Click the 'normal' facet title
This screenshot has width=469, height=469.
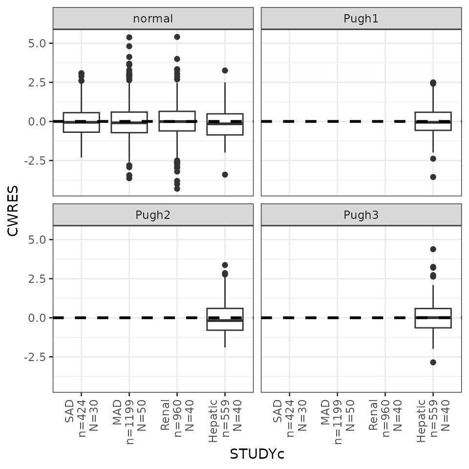[153, 19]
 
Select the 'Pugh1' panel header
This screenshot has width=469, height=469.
[361, 19]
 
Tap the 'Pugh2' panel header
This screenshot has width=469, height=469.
[153, 215]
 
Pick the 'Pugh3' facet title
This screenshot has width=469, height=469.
[361, 215]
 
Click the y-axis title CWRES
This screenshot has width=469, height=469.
[14, 210]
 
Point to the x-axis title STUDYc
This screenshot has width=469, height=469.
[257, 454]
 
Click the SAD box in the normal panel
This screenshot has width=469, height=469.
[81, 122]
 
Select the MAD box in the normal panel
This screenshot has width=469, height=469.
[129, 122]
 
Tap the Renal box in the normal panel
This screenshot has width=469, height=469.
[177, 121]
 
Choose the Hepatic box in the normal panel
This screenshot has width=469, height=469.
[225, 124]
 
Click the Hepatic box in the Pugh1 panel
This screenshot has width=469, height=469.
[433, 121]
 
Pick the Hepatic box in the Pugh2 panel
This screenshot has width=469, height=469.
[225, 319]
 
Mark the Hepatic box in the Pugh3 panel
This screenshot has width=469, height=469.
[433, 318]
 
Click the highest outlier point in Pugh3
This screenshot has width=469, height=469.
[433, 249]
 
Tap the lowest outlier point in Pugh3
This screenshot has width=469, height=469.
[433, 362]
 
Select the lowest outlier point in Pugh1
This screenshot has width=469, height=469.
[433, 177]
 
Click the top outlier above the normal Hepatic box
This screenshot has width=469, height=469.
[225, 70]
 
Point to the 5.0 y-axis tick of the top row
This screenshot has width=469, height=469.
[36, 43]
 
